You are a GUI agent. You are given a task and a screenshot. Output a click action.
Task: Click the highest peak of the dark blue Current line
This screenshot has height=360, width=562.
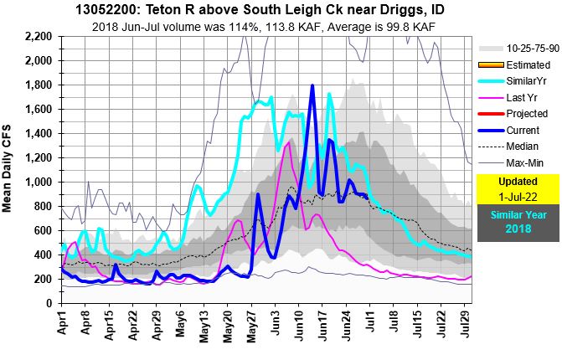[x=312, y=85]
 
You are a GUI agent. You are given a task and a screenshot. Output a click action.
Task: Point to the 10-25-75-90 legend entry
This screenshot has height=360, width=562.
[x=528, y=49]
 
